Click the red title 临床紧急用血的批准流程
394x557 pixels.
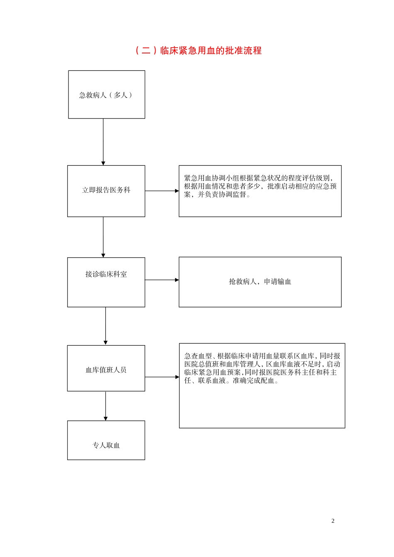click(211, 51)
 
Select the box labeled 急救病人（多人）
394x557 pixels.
click(107, 95)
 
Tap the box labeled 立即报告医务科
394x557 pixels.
click(106, 191)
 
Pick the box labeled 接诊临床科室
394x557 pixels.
click(106, 282)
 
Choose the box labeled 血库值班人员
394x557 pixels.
click(106, 368)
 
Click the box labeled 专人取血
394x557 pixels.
click(106, 441)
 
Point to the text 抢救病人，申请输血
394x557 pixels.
click(260, 282)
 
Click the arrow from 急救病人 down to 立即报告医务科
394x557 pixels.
click(103, 142)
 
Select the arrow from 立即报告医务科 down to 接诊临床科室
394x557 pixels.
click(103, 237)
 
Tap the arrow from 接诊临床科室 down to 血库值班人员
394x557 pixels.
click(105, 326)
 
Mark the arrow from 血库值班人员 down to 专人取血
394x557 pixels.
click(105, 406)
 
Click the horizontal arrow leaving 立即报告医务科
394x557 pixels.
click(162, 191)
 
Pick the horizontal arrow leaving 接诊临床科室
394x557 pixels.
click(162, 280)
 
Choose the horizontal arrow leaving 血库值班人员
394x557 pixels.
click(162, 377)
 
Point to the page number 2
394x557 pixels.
click(333, 521)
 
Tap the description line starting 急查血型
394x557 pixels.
click(262, 356)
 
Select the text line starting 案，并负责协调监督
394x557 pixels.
click(217, 195)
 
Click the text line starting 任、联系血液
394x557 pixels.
click(231, 381)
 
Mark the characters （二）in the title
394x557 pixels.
click(146, 51)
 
